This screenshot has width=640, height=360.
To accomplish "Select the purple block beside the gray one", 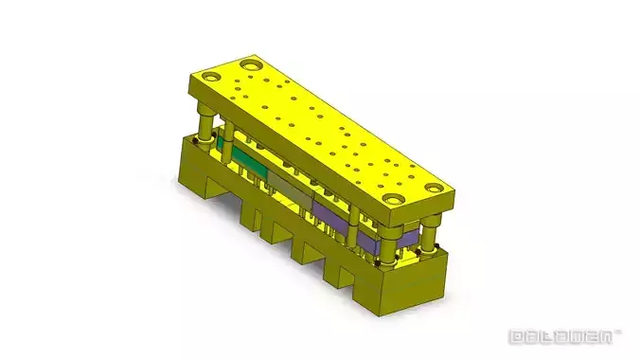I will click(x=330, y=213).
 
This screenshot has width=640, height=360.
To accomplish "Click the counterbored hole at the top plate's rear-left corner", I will click(x=251, y=64).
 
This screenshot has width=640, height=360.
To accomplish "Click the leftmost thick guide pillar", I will click(x=204, y=123).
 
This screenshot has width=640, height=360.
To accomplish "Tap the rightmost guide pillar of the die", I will click(x=431, y=233).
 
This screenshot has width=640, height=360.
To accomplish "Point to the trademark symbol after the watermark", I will click(x=619, y=332).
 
